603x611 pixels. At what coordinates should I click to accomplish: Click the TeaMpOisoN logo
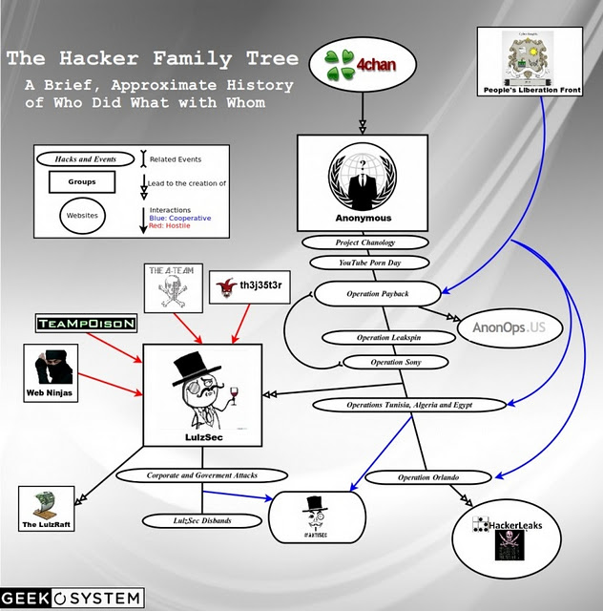[86, 324]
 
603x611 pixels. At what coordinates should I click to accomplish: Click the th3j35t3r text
[247, 284]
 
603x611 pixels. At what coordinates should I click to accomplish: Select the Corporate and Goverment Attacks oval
[202, 474]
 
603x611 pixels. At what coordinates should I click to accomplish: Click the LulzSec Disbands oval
[201, 520]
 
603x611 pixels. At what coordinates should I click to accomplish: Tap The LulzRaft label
[49, 525]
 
